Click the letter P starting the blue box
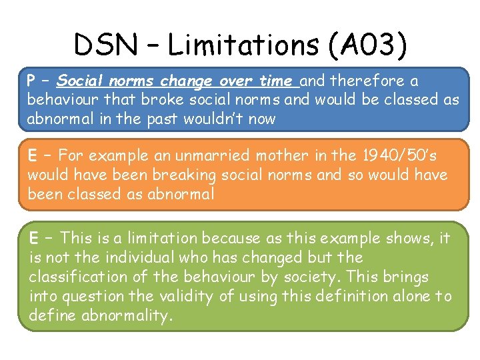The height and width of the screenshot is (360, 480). (31, 81)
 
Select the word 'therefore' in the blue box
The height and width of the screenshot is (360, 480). (361, 81)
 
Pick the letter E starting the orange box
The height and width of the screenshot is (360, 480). (31, 156)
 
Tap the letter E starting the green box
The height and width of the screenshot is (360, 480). (33, 238)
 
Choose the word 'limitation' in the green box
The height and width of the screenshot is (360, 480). (166, 238)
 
